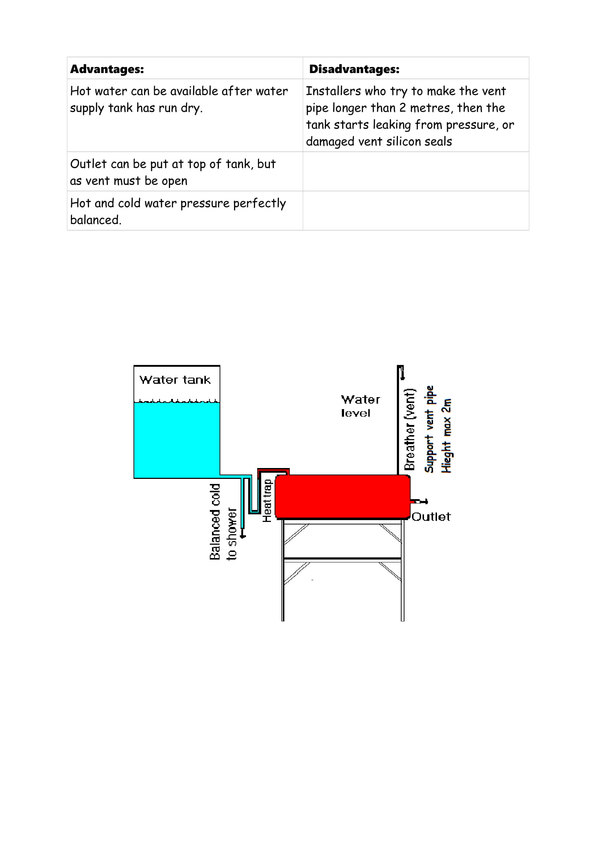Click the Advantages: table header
point(107,69)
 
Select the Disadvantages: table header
point(354,69)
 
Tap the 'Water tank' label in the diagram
point(175,380)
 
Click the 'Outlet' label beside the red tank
point(431,516)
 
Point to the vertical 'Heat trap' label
point(267,500)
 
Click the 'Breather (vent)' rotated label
point(410,429)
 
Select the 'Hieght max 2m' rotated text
point(446,435)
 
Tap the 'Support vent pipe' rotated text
point(429,429)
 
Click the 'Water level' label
point(360,406)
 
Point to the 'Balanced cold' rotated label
point(215,522)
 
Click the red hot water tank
point(343,496)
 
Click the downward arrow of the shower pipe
point(242,535)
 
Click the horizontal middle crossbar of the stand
point(342,558)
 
